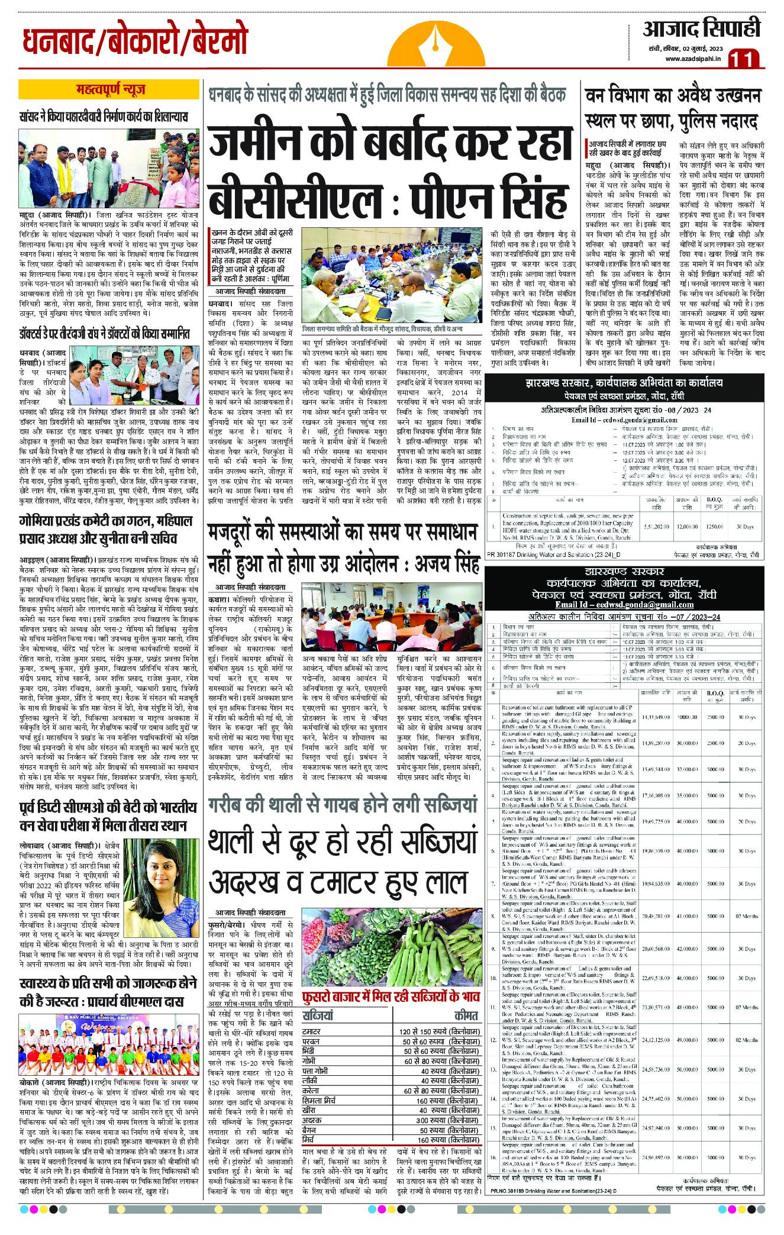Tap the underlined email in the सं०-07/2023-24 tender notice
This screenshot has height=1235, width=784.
pyautogui.click(x=624, y=605)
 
